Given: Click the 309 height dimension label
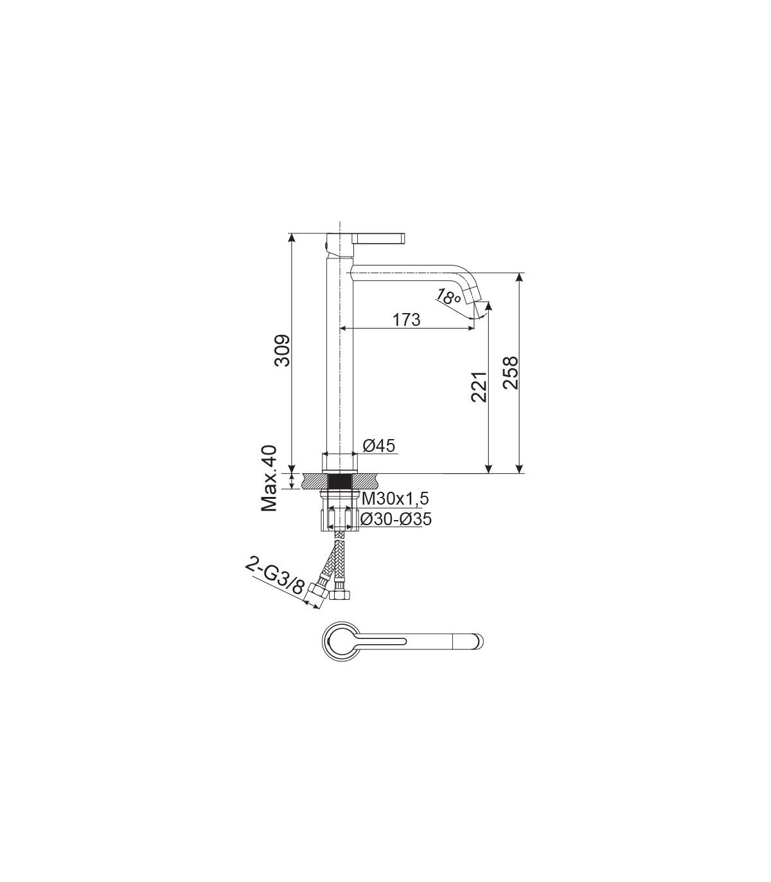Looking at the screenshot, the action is coord(283,350).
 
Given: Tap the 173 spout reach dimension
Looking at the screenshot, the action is coord(406,320).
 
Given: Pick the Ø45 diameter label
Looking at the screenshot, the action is coord(378,446).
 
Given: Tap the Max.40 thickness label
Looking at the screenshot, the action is coord(269,478).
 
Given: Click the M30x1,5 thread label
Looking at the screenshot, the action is coord(395,498).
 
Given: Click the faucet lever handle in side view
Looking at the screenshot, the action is coord(379,237).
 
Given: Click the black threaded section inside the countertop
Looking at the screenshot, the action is coord(341,481).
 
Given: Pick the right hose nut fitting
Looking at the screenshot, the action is coord(341,594).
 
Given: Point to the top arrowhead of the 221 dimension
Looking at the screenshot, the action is coord(488,306).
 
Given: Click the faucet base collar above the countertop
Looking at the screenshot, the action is coord(341,463).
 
